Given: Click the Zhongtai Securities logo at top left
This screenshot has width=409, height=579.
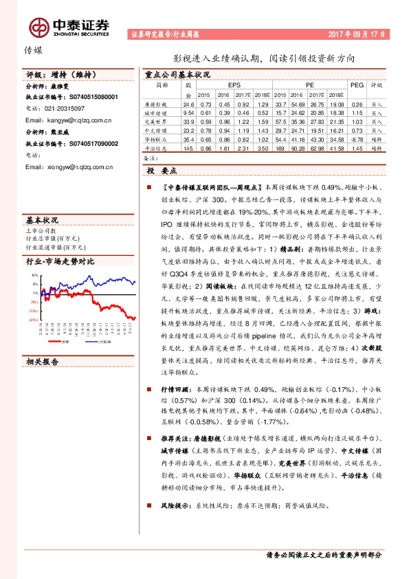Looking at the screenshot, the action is point(69,27).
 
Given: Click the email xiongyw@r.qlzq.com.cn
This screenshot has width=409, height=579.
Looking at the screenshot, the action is point(80,166).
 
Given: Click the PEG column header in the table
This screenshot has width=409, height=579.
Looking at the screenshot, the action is point(355,85).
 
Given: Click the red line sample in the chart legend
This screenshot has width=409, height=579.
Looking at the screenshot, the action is point(57,321).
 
